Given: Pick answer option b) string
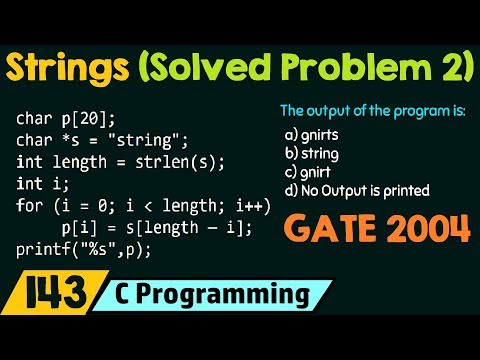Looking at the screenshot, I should pyautogui.click(x=311, y=154).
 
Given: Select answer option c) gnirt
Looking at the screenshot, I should pyautogui.click(x=309, y=171).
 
